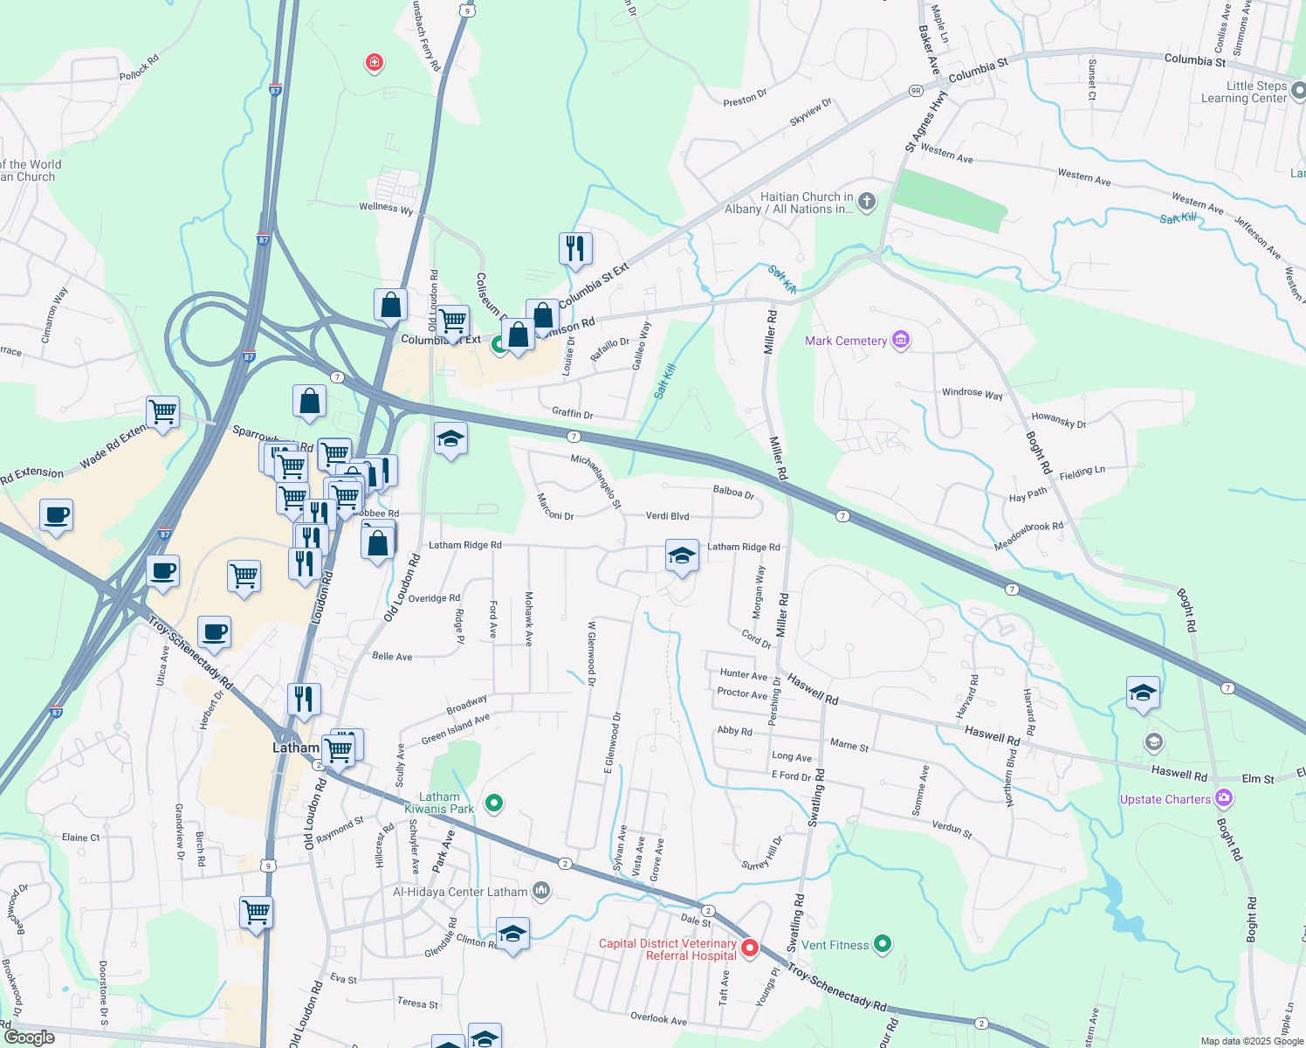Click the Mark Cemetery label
click(x=845, y=341)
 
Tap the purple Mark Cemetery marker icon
click(x=901, y=340)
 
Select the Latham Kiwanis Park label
click(x=439, y=803)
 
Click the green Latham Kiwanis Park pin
click(x=494, y=803)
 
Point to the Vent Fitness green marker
click(x=883, y=943)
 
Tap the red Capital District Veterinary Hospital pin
click(x=749, y=948)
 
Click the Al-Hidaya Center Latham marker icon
click(x=541, y=891)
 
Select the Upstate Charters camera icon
click(x=1224, y=797)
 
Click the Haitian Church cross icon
click(x=866, y=202)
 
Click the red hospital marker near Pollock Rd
click(x=375, y=63)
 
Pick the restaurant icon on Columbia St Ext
click(x=575, y=249)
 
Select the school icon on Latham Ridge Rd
click(x=682, y=556)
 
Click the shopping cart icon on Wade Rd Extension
click(x=163, y=411)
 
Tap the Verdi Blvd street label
click(x=667, y=516)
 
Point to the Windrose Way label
click(x=972, y=393)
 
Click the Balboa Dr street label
click(x=732, y=492)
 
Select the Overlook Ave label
click(x=658, y=1018)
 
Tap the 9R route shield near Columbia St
click(x=915, y=90)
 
